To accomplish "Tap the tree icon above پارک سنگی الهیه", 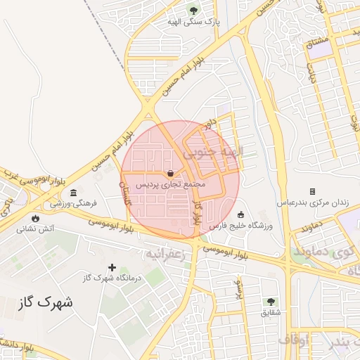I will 193,11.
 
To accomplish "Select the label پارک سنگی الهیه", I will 193,22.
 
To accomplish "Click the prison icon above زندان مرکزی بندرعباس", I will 312,191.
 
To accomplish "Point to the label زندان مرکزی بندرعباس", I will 320,202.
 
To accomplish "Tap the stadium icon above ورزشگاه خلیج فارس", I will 241,214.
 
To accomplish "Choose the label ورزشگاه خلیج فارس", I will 241,226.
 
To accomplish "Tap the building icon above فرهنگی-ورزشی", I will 74,193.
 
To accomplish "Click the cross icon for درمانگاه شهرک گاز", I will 112,266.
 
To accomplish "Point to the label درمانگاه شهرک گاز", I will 112,278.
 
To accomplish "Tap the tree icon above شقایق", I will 271,301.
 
